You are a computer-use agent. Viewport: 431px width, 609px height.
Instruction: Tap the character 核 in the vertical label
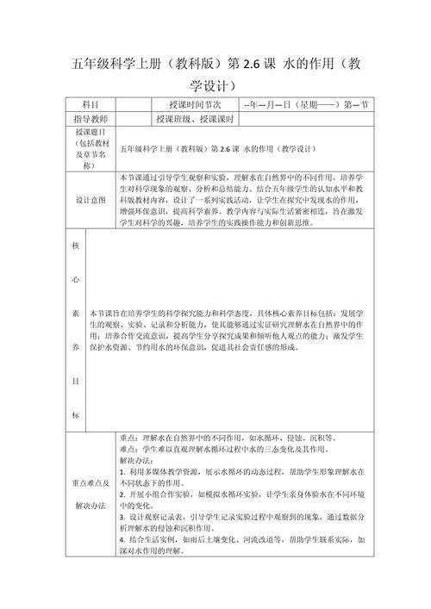point(74,245)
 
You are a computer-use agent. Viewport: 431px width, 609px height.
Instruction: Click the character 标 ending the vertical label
point(74,415)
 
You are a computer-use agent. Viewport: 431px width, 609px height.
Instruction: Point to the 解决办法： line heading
point(136,461)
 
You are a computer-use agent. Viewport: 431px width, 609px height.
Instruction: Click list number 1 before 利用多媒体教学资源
point(122,473)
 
